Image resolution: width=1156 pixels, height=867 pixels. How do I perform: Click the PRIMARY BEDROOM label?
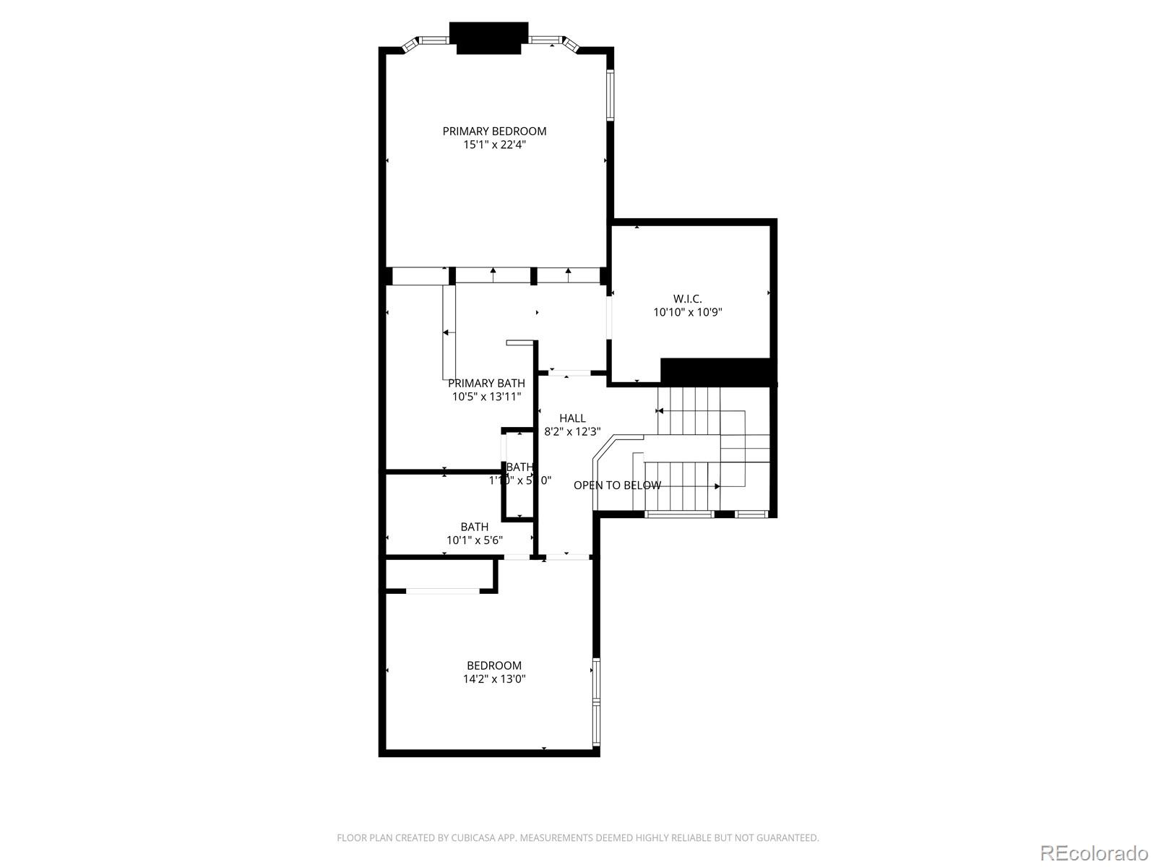tap(494, 131)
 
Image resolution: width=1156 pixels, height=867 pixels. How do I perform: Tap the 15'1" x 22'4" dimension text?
tap(494, 144)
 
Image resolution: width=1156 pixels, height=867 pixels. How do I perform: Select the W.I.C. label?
tap(687, 298)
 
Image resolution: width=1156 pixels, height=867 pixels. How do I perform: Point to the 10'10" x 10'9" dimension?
tap(687, 312)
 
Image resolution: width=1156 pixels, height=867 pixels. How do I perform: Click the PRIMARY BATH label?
tap(486, 383)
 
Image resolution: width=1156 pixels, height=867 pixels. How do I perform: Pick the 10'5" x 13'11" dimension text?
tap(486, 397)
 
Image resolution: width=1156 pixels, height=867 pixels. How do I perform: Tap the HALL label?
tap(572, 418)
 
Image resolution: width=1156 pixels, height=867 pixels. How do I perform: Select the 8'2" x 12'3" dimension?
tap(572, 432)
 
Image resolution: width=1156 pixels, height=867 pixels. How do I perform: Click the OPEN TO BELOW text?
tap(617, 486)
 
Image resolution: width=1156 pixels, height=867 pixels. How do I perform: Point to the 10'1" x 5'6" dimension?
tap(474, 540)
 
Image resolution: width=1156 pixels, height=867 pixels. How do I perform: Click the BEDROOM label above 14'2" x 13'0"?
tap(494, 665)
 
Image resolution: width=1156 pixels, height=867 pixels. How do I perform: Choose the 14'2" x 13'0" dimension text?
tap(494, 679)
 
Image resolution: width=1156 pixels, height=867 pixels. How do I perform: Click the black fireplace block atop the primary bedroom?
tap(488, 38)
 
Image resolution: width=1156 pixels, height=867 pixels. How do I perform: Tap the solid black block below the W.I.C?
tap(717, 371)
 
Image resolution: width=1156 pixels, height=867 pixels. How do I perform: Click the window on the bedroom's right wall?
tap(596, 702)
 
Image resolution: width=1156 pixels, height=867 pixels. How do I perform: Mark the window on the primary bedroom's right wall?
tap(611, 94)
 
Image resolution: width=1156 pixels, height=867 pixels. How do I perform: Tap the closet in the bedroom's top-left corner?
tap(441, 574)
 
